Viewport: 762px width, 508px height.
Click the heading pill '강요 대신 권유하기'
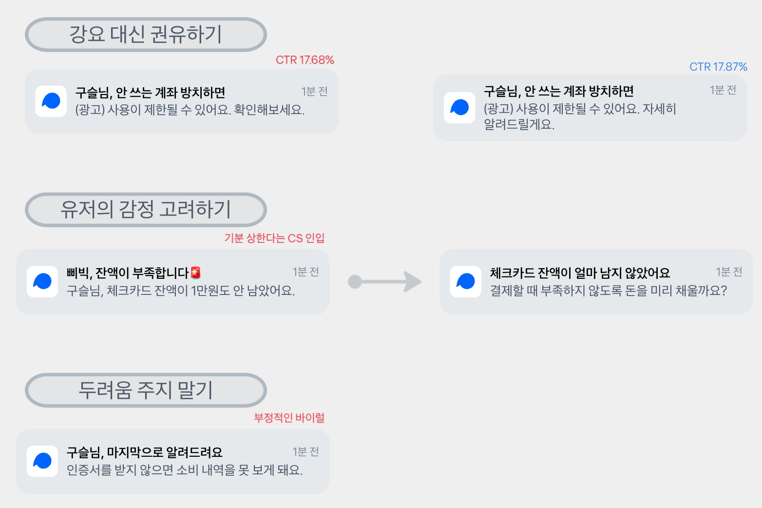tap(146, 35)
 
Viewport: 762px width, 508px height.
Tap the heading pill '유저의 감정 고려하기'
tap(146, 210)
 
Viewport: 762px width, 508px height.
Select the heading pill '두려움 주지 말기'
tap(146, 390)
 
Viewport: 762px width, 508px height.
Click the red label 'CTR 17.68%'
tap(305, 60)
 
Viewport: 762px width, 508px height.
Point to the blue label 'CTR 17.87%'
tap(718, 67)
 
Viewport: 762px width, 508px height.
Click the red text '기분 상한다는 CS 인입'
tap(274, 238)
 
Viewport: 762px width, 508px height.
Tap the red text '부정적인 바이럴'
tap(289, 418)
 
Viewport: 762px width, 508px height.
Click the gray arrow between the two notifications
tap(384, 282)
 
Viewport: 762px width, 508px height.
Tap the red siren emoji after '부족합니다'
tap(196, 273)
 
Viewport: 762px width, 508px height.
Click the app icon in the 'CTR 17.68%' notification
tap(51, 101)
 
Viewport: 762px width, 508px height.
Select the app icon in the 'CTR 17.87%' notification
tap(459, 108)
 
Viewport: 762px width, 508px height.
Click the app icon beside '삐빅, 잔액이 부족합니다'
tap(42, 282)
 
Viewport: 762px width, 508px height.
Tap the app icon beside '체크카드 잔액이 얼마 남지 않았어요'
tap(466, 282)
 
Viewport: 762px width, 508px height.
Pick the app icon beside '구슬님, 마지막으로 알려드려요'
tap(42, 461)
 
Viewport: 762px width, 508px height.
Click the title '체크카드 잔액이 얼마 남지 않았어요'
tap(580, 273)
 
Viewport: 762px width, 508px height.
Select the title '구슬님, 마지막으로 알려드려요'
tap(145, 452)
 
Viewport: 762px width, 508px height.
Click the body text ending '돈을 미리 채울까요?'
tap(609, 291)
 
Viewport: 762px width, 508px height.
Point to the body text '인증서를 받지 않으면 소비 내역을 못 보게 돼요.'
tap(185, 470)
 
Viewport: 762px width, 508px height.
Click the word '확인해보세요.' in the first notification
tap(269, 110)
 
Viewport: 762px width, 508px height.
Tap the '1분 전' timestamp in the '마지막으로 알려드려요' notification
tap(305, 452)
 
